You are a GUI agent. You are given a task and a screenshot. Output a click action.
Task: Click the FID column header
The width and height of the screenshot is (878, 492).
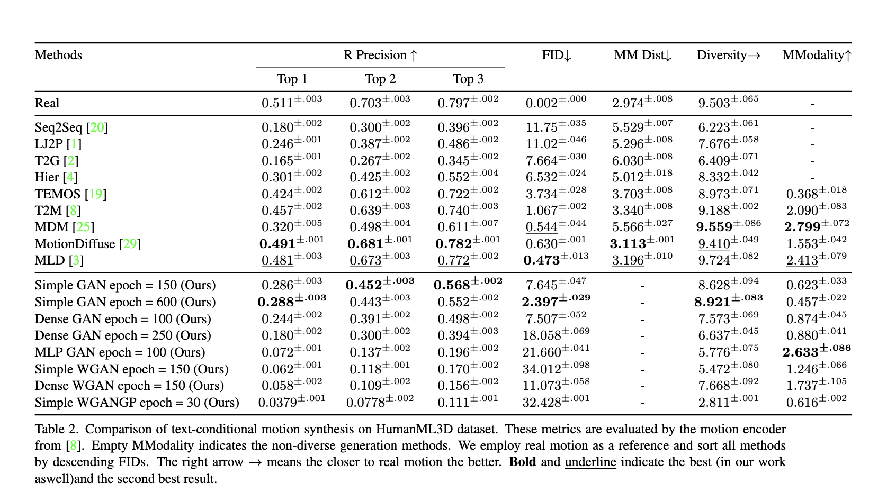coord(556,55)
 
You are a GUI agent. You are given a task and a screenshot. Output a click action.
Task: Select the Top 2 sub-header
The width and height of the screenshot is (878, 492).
coord(380,79)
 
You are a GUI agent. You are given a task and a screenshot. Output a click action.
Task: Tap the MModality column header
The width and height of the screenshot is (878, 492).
coord(817,55)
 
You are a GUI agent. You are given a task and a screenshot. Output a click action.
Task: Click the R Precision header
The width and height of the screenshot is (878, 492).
coord(380,55)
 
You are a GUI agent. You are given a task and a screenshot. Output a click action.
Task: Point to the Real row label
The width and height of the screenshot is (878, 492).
coord(47,103)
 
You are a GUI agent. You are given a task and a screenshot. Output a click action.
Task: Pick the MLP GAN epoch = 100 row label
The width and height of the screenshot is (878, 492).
coord(120,352)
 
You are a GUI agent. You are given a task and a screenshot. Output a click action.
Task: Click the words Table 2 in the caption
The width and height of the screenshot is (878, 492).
coord(56,429)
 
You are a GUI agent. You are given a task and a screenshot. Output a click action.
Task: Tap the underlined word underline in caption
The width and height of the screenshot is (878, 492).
coord(590,462)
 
